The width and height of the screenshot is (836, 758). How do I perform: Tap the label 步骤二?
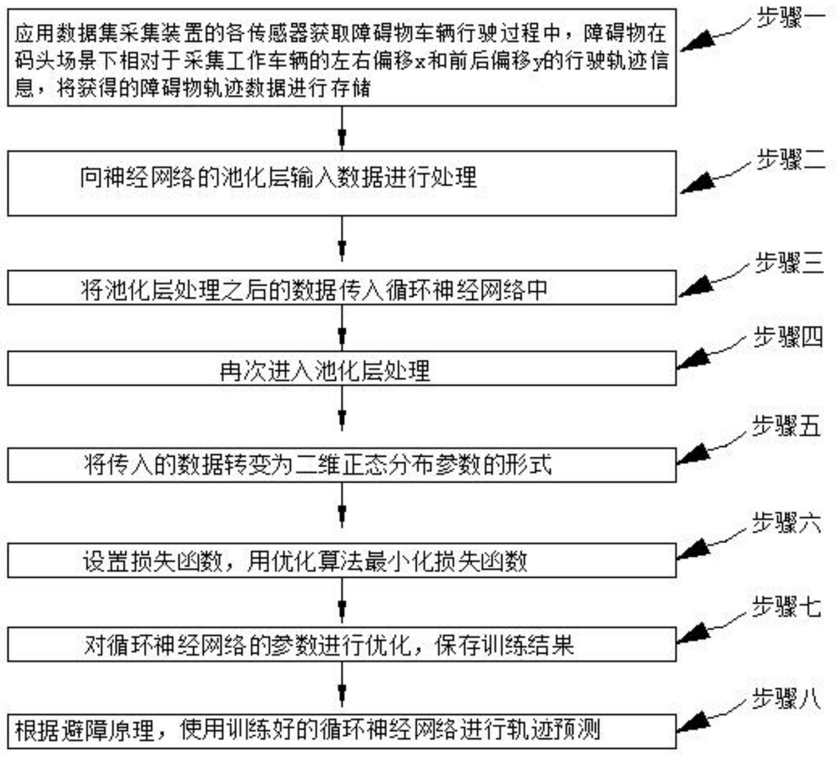coord(790,159)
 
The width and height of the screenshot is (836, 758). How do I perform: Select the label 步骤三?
coord(789,263)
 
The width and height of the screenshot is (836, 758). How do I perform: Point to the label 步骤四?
coord(788,337)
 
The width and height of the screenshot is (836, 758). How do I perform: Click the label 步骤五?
coord(786,426)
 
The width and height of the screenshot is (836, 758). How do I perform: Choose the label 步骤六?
coord(786,523)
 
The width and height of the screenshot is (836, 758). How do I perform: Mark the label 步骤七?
coord(786,607)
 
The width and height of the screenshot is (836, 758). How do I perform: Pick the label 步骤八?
coord(786,700)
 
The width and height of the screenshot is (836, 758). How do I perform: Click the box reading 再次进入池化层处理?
coord(342,369)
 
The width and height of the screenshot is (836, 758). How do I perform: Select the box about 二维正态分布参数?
coord(342,465)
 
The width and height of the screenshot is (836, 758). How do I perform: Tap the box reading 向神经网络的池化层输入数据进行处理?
coord(342,183)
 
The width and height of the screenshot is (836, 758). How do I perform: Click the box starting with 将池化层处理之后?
coord(342,288)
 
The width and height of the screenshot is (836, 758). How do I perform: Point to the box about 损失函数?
coord(342,561)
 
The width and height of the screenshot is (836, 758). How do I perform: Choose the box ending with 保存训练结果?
coord(342,645)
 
